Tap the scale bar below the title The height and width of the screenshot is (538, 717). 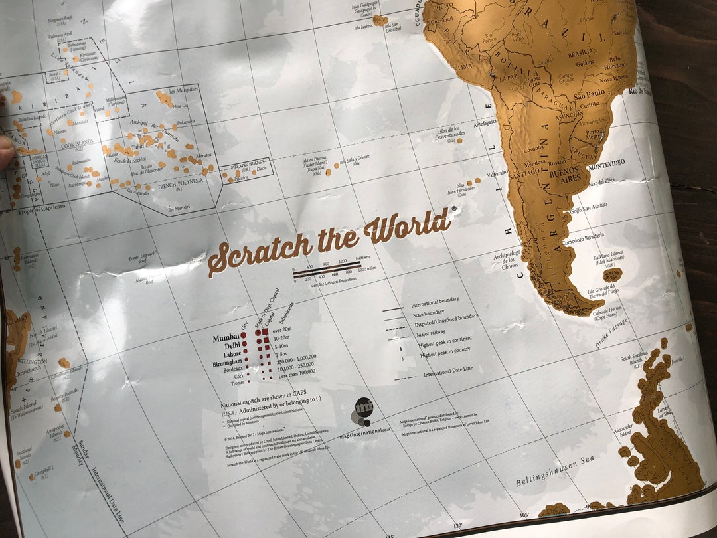(327, 268)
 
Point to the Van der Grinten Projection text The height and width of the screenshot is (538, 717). (331, 281)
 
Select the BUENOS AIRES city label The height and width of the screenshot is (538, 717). (566, 175)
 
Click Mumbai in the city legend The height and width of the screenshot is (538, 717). (225, 338)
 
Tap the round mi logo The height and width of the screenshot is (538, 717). (363, 407)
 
